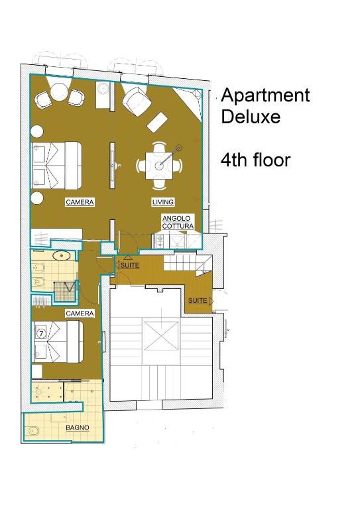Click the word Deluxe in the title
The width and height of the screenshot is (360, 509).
coord(251,117)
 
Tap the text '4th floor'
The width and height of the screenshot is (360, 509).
coord(255,160)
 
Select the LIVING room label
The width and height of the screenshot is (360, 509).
coord(163,202)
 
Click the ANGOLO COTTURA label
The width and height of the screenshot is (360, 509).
coord(178,222)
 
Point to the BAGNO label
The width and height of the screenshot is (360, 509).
coord(78,428)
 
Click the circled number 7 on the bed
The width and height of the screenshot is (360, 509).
coord(41,333)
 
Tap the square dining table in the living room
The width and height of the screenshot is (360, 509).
coord(159,166)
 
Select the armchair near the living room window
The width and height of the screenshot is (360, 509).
coord(137,101)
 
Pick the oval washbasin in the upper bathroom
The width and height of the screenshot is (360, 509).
coord(62,256)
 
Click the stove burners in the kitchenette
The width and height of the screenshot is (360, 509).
coord(160,241)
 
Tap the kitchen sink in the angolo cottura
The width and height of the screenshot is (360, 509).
coord(177,241)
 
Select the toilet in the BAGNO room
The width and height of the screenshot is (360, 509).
coord(33,431)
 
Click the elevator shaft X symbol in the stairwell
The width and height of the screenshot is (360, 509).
coord(161,335)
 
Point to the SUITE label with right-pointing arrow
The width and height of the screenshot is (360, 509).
coord(200,301)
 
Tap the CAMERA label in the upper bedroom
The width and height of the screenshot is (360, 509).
coord(80,202)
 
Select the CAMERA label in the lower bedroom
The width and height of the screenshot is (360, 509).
coord(80,313)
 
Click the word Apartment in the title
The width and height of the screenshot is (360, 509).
coord(265,96)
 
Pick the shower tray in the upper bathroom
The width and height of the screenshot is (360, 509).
coord(65,290)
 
